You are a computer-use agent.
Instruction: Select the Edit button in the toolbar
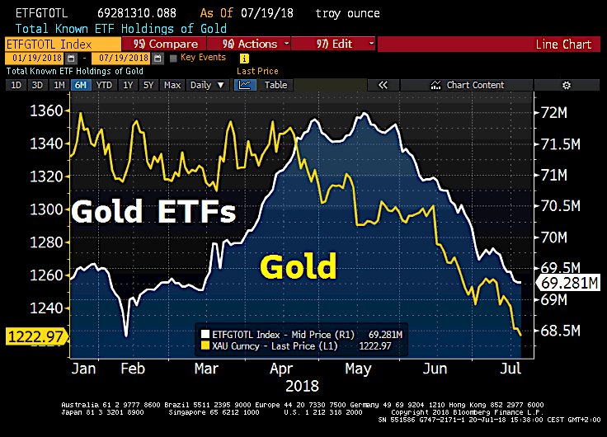pos(333,44)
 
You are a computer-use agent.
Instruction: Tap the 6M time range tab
pos(80,85)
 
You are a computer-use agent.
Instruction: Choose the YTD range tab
pos(104,85)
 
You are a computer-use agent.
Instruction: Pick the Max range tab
pos(172,85)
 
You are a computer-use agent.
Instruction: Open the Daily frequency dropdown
pos(207,85)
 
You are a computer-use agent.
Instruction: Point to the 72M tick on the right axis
pos(553,111)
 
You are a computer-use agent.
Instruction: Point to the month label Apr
pos(283,368)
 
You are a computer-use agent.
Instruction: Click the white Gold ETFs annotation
pos(153,212)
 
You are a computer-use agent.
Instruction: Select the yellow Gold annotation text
pos(299,266)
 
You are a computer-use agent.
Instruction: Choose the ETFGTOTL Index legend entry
pos(272,334)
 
